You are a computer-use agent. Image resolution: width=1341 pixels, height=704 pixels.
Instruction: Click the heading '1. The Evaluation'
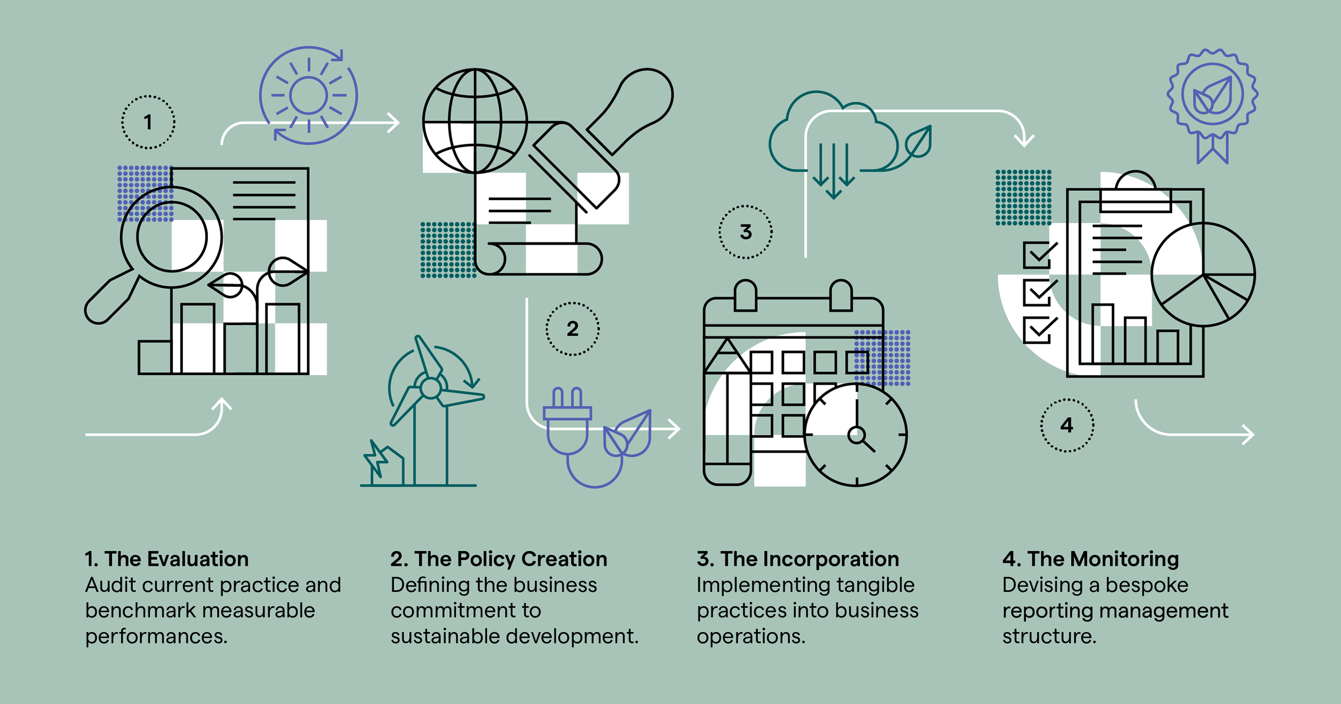pos(167,559)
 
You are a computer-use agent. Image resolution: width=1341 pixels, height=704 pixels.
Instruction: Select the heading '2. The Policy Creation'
pos(499,559)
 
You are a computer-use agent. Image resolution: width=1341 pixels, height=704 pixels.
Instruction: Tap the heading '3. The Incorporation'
pos(798,559)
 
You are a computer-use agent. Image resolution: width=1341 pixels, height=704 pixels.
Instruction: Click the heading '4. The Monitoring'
pos(1091,559)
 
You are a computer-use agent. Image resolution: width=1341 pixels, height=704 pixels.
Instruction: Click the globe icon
pos(475,121)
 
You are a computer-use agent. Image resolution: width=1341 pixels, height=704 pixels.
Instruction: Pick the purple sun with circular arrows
pos(309,95)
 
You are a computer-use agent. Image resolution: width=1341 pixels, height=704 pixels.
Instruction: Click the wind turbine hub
pos(430,388)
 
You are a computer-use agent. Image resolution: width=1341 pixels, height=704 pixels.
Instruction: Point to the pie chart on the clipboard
pos(1203,274)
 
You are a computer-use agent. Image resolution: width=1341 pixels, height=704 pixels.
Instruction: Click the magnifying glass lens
pos(172,237)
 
